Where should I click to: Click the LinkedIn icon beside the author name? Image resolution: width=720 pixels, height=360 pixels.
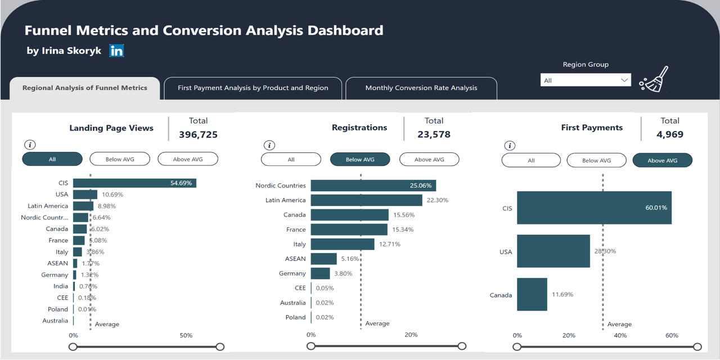pos(116,51)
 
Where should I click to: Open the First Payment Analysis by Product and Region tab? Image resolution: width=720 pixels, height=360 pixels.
pos(253,88)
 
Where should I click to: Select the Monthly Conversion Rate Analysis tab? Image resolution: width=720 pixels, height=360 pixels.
pos(421,88)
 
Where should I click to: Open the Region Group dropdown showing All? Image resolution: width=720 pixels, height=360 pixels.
pos(586,80)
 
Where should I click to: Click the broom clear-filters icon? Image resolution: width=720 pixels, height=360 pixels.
pos(654,79)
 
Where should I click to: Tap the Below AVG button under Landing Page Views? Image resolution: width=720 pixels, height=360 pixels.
pos(120,159)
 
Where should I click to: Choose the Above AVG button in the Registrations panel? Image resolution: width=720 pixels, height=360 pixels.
pos(429,160)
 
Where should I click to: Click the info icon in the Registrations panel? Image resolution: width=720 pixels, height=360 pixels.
pos(269,146)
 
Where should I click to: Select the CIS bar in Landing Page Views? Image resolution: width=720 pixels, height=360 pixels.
pos(134,183)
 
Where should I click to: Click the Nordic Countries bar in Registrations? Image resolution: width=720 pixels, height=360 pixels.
pos(373,186)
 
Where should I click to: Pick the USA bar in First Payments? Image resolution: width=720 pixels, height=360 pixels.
pos(553,251)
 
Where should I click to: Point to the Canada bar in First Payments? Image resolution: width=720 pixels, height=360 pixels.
pos(532,294)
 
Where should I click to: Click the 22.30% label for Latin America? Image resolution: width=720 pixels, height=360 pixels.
pos(437,200)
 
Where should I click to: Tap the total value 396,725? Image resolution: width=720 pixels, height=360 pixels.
pos(198,134)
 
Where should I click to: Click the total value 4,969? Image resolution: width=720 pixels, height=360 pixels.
pos(669,134)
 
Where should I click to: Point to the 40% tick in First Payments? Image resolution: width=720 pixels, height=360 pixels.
pos(620,335)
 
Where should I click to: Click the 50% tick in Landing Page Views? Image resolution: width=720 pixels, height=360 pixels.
pos(186,335)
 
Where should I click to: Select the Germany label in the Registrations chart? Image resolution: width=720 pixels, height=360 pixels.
pos(292,273)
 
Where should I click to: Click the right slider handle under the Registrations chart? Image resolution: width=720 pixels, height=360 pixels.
pos(462,346)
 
